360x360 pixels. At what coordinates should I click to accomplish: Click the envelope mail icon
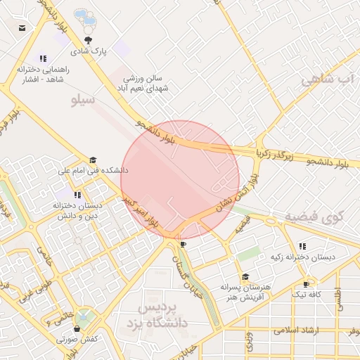coord(22,28)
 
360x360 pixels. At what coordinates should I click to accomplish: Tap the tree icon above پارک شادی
coord(88,40)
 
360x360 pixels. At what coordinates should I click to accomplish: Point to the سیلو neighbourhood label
coord(84,101)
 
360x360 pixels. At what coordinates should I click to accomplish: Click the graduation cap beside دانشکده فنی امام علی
coord(93,160)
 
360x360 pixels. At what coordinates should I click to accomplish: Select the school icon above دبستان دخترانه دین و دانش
coord(77,194)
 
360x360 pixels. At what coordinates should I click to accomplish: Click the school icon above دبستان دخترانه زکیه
coord(302,246)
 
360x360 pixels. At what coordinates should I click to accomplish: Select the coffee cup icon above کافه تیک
coord(305,283)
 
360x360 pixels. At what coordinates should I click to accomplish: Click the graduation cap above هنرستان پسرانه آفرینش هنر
coord(245,277)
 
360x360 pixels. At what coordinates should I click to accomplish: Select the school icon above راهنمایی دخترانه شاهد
coord(44,59)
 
